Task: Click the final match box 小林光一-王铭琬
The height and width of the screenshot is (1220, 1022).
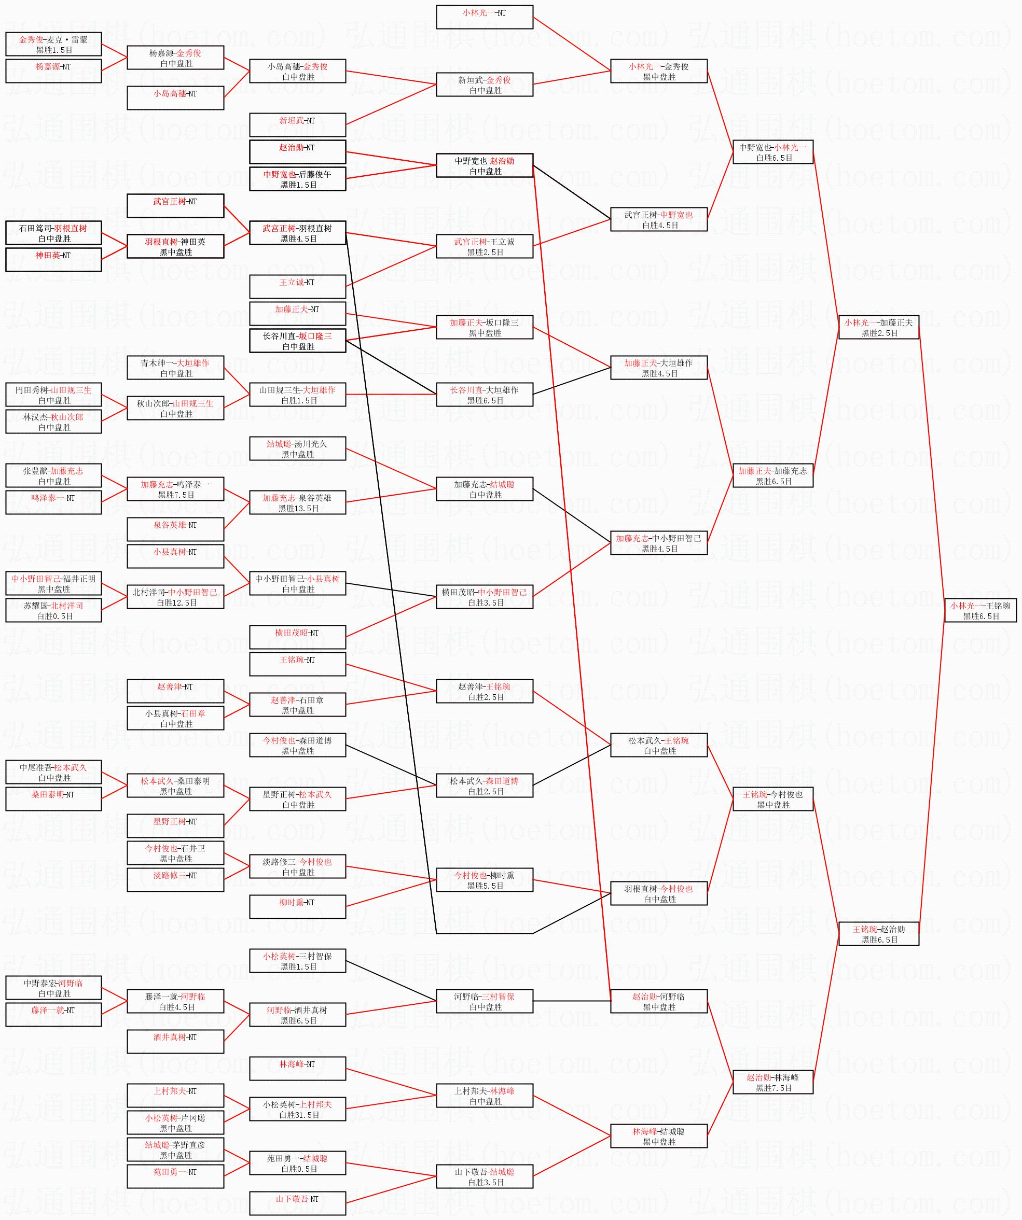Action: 980,610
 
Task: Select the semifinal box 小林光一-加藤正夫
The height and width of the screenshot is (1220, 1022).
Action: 878,327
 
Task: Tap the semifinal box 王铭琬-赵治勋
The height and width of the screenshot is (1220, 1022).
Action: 878,934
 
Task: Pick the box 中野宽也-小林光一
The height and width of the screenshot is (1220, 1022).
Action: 772,152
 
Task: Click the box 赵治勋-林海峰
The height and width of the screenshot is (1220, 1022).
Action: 772,1082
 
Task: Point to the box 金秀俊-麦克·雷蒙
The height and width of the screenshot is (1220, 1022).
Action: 53,45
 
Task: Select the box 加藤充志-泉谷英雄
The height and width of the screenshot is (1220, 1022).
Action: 298,503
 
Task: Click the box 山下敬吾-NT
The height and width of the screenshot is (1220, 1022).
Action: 298,1203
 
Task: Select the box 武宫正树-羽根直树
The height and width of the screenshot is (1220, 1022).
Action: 298,233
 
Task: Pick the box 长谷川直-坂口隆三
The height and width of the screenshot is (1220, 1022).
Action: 298,341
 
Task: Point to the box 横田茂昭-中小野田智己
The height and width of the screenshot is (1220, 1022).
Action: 484,597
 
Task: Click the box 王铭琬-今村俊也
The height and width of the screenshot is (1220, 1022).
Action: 772,799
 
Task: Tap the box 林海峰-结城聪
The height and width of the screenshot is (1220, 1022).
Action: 659,1137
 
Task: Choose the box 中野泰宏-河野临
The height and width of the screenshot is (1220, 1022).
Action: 53,988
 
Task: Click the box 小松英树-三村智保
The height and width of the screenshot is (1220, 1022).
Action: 298,961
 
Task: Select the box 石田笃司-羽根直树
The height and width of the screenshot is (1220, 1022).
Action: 53,233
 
